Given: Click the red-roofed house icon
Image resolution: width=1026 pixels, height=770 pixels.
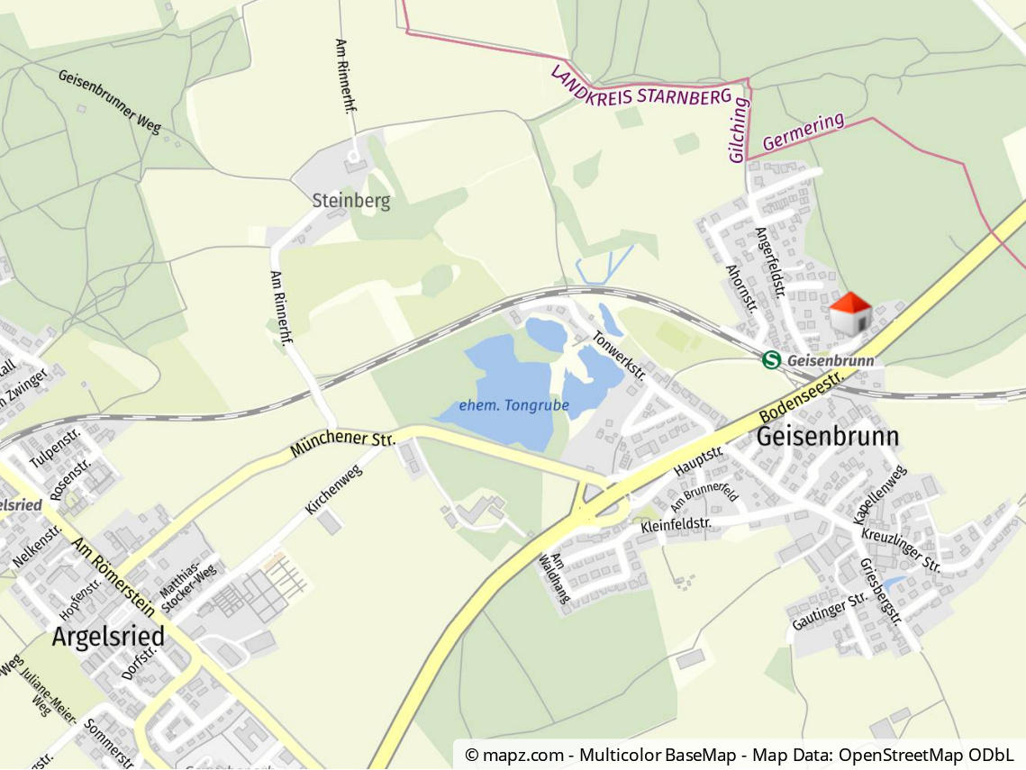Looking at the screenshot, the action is [849, 313].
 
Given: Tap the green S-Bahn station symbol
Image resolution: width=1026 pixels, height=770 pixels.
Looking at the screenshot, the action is [770, 360].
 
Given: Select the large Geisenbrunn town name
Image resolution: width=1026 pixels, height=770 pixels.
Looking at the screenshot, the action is [828, 437].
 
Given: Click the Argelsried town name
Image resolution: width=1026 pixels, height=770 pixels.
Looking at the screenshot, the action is [108, 637].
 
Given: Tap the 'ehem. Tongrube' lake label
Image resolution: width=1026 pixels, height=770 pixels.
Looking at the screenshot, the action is [513, 405].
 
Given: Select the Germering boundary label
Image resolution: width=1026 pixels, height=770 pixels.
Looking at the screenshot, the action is [804, 131].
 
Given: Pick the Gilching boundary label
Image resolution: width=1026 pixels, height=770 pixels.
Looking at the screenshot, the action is [739, 130].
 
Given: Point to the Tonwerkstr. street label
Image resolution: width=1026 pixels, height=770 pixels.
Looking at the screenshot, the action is [619, 355].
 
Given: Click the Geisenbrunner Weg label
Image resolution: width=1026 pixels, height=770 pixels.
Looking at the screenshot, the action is [109, 100].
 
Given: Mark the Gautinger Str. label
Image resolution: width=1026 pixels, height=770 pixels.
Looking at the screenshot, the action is [830, 611].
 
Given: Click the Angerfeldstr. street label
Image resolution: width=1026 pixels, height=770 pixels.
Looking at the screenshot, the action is [770, 261].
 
